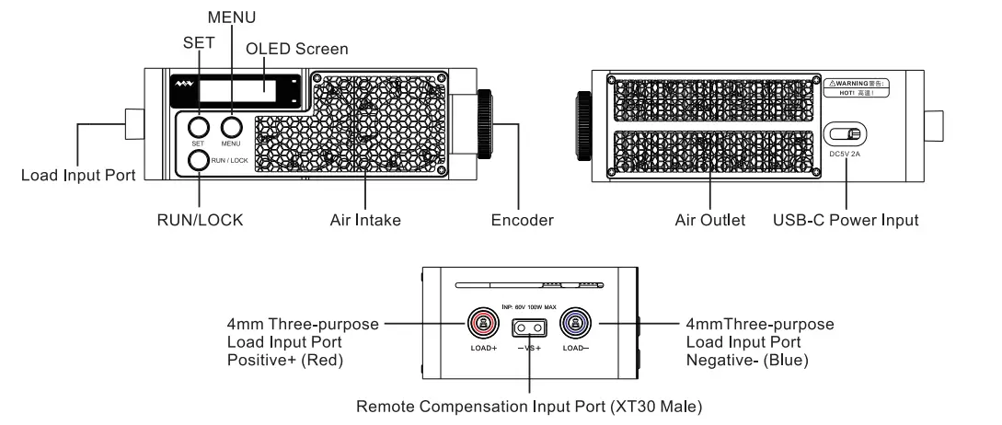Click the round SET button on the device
point(198,127)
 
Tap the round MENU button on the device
point(230,127)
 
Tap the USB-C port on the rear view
point(846,136)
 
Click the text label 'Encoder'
point(522,220)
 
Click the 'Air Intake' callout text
point(365,220)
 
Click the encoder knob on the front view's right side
point(484,123)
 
